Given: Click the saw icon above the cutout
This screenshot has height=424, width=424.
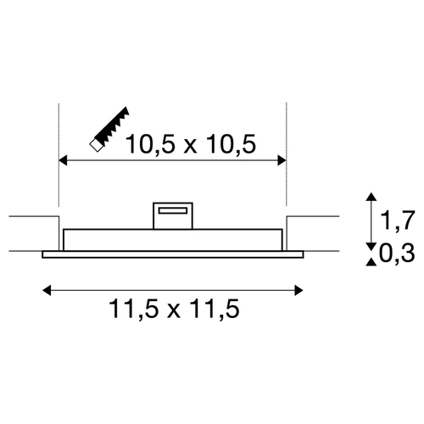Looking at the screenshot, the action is [109, 130].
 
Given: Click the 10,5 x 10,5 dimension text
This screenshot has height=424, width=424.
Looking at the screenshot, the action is [191, 144].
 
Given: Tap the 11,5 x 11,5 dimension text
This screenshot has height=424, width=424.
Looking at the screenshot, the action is [175, 309].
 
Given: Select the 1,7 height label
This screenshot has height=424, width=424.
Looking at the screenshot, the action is [398, 220].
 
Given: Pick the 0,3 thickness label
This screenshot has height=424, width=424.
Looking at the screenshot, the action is [397, 254].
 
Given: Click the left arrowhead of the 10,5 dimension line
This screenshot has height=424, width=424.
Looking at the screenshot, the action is [63, 160].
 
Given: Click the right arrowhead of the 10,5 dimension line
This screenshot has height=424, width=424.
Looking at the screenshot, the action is [282, 160].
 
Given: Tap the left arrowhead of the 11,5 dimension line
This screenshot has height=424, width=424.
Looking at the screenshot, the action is [47, 290].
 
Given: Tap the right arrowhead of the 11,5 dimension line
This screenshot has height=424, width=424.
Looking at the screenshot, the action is [298, 290].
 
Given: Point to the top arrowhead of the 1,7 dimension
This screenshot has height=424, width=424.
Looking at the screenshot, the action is [371, 197].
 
